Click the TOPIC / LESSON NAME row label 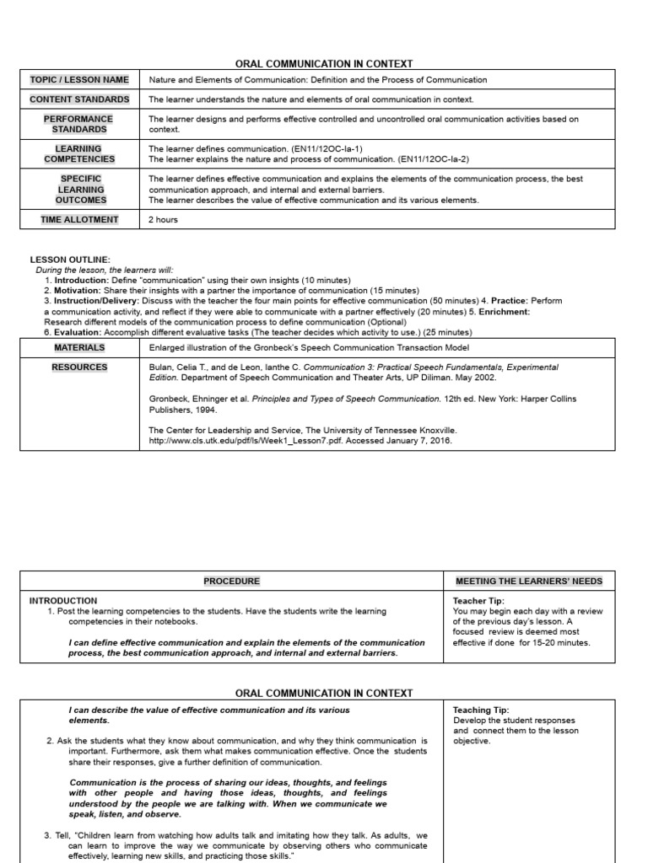(x=79, y=80)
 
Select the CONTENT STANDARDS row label (x=79, y=99)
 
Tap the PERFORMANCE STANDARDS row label (x=79, y=125)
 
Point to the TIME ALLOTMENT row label (x=79, y=220)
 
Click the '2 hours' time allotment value (x=165, y=220)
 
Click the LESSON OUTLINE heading (x=70, y=260)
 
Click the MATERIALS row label (x=79, y=347)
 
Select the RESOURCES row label (x=79, y=367)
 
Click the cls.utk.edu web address (x=244, y=440)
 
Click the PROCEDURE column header (x=231, y=582)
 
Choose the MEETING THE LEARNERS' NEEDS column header (x=529, y=582)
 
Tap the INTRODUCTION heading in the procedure (x=63, y=601)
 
